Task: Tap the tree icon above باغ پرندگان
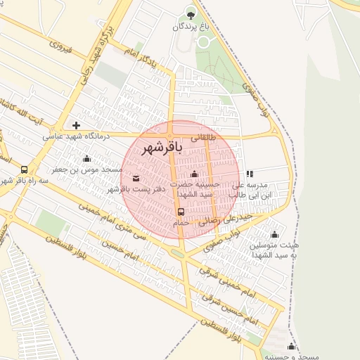190,12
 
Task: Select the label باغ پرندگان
190,27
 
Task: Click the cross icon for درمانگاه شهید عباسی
77,125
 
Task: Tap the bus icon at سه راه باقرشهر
25,169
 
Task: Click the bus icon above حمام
181,212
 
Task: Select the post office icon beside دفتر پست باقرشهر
136,178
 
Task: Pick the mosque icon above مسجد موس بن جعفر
86,158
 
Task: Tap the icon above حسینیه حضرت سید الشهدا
195,174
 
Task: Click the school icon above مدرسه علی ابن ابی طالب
250,174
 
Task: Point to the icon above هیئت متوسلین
274,234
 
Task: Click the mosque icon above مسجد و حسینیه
291,346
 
